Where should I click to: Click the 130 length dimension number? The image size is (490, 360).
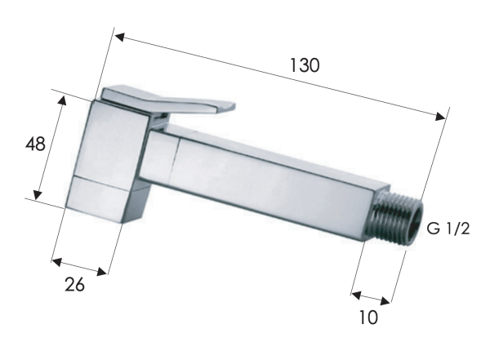coord(305,65)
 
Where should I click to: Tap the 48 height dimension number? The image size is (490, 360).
coord(35,144)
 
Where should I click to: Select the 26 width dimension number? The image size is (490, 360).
coord(74,285)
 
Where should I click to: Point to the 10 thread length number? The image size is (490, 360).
coord(369,318)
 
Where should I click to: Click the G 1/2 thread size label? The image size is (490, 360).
coord(448,229)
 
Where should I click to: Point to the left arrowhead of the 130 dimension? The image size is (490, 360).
coord(120,38)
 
